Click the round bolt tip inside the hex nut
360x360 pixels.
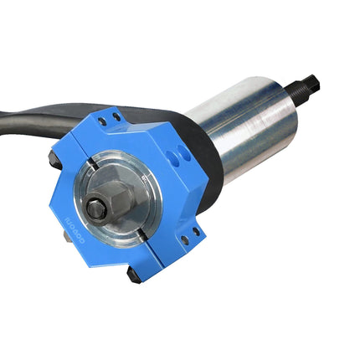pyautogui.click(x=98, y=209)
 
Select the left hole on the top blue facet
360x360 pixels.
pyautogui.click(x=100, y=119)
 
